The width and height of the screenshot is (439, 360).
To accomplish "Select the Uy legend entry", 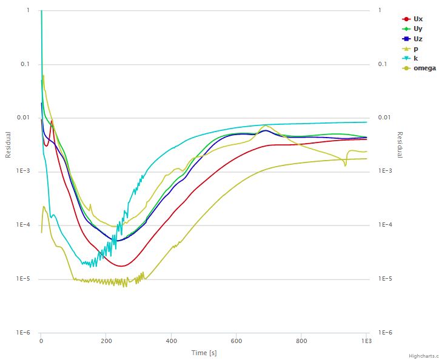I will coord(418,29).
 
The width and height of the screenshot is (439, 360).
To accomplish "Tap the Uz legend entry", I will coord(418,39).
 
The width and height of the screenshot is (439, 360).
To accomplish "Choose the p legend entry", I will coord(416,48).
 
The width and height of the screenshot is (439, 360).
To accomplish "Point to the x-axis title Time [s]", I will coord(204,353).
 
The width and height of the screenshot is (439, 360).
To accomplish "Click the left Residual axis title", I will coord(8,145).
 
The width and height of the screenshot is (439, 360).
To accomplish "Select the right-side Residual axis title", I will coord(400,145).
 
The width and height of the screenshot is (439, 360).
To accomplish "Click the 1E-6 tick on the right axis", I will coord(386,333).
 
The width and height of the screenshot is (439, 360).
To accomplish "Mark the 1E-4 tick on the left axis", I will coord(24,225).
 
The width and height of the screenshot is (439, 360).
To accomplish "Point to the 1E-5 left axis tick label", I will coord(24,279).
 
